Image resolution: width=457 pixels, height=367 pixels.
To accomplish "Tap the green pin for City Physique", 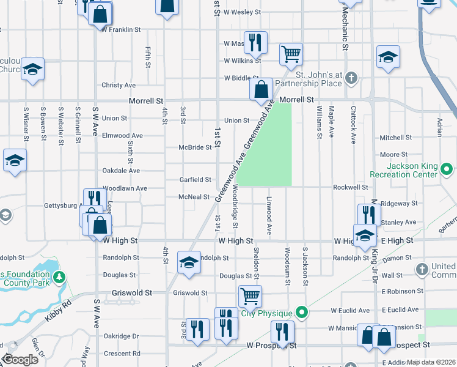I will (301, 313).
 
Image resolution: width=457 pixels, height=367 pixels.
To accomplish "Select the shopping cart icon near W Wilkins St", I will (291, 54).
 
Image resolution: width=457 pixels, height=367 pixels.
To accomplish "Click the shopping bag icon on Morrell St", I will (261, 89).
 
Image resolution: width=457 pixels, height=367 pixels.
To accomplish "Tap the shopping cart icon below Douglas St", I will (249, 296).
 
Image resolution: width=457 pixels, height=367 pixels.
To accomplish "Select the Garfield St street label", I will (195, 180).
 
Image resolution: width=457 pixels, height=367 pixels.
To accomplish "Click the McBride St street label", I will (195, 147).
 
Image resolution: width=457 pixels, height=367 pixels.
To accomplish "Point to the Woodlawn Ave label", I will (125, 189).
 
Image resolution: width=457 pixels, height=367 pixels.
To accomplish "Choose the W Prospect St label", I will (271, 346).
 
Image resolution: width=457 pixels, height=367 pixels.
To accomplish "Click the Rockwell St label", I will (350, 187).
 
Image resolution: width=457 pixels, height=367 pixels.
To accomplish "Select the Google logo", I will (20, 360).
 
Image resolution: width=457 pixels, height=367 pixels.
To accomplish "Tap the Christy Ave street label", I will (119, 85).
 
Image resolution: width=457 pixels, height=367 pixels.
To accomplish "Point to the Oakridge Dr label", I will (121, 336).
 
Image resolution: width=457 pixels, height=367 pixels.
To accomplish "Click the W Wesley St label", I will (242, 12).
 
